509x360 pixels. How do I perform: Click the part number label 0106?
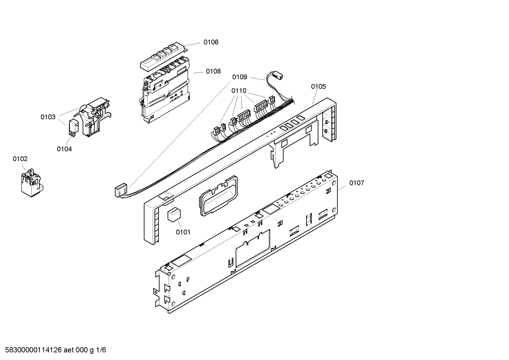click(x=211, y=42)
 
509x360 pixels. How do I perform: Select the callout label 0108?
click(x=213, y=71)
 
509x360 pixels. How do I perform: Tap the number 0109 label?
click(x=239, y=77)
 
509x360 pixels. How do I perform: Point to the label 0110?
click(x=239, y=91)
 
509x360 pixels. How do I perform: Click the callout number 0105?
click(x=318, y=87)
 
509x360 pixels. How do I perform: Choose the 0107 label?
click(x=357, y=183)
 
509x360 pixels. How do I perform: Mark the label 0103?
click(x=48, y=117)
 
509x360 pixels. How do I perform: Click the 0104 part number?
click(x=64, y=149)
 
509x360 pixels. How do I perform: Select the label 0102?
click(x=20, y=159)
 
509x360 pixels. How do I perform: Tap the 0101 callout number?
click(x=183, y=232)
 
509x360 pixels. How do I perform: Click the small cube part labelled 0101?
click(x=173, y=215)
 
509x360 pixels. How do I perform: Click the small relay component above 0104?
click(x=73, y=126)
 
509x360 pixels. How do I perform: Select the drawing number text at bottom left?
click(x=53, y=350)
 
